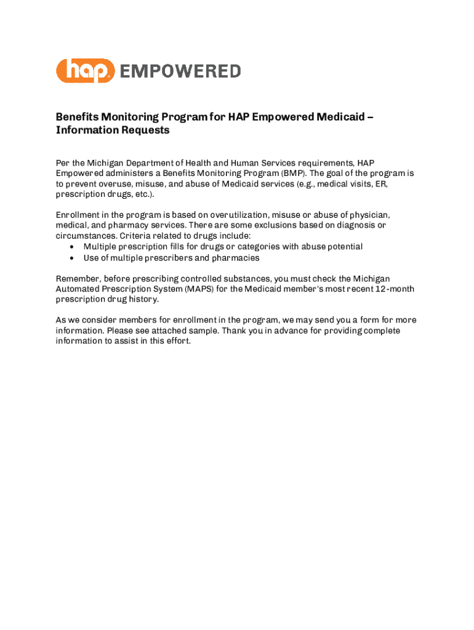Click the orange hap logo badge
click(86, 71)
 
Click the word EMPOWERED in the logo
click(179, 71)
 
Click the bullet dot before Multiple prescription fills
click(73, 247)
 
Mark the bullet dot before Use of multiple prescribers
click(73, 258)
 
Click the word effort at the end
click(177, 341)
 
